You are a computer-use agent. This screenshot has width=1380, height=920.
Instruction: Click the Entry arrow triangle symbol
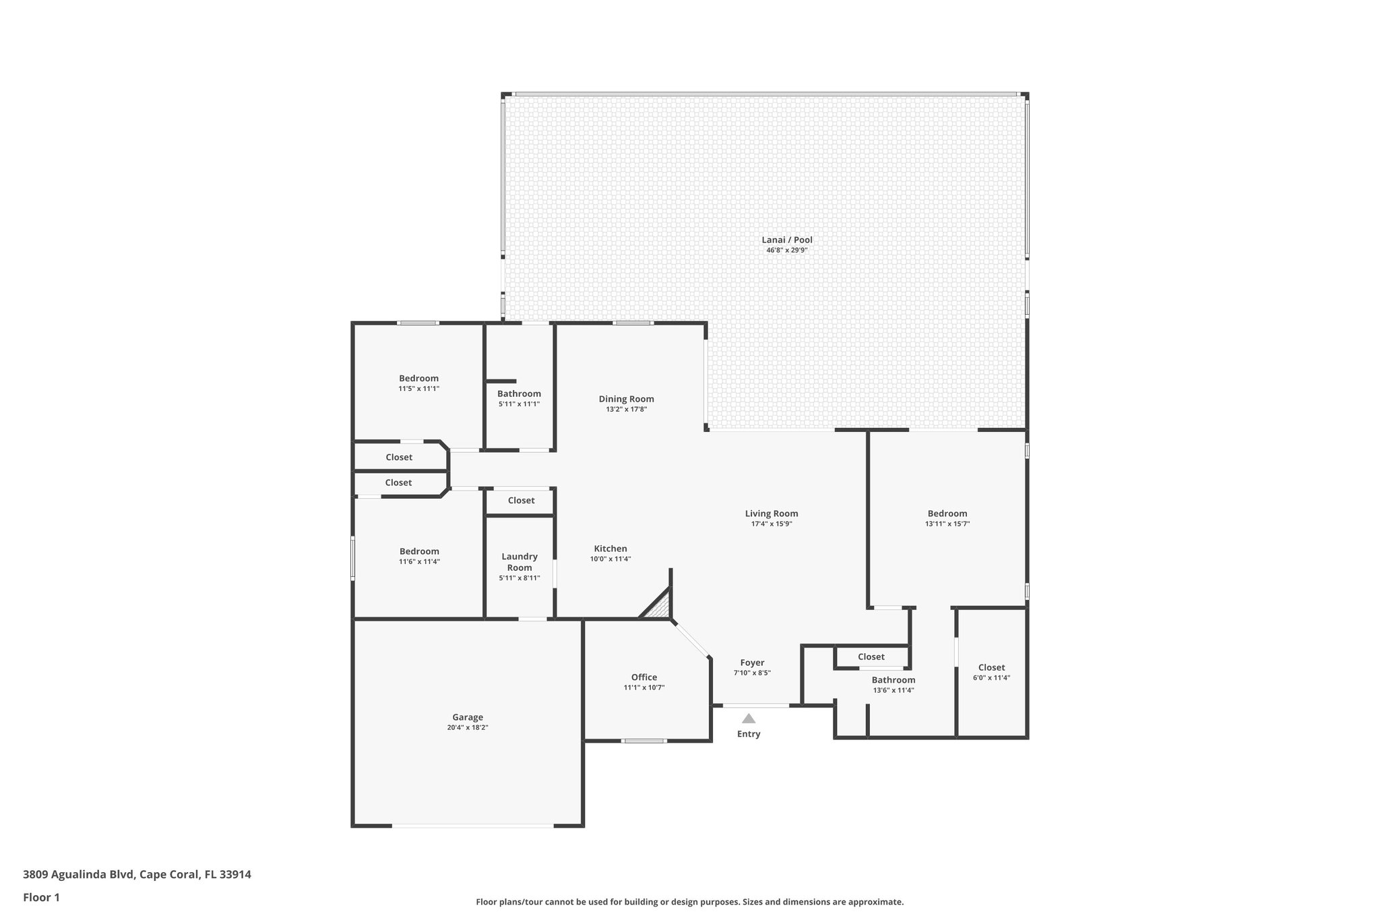click(x=749, y=718)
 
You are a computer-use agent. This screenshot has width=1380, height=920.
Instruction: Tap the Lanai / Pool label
click(x=786, y=239)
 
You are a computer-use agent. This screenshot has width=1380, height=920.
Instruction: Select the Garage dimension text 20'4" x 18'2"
click(x=468, y=728)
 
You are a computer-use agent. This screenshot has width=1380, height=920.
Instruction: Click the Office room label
click(x=644, y=677)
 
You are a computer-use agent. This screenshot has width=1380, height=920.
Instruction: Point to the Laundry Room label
click(x=520, y=561)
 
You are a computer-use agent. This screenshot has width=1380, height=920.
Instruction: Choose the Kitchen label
click(x=610, y=549)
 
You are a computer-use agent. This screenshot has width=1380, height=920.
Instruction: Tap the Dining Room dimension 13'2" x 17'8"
click(x=627, y=409)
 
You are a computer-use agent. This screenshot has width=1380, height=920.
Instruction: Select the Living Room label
click(x=772, y=514)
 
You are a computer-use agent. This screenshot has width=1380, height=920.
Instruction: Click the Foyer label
click(x=752, y=663)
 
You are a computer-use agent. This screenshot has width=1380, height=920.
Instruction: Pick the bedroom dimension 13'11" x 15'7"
click(x=947, y=524)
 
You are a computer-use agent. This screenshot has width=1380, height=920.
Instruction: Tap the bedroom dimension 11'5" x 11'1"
click(x=418, y=389)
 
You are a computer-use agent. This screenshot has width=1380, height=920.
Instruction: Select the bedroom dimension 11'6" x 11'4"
click(x=419, y=561)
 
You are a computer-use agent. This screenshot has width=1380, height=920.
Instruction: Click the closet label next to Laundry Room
click(x=521, y=500)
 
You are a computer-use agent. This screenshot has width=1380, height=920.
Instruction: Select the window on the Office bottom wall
click(x=644, y=741)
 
